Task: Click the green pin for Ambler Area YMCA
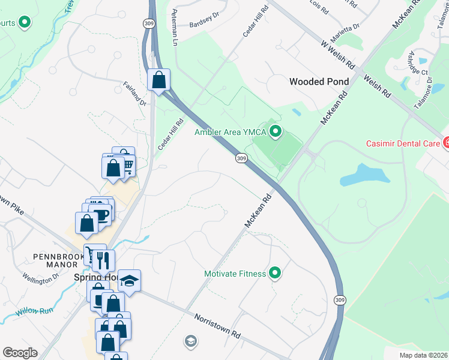276,131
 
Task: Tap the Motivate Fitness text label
235,274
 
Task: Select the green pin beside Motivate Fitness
276,274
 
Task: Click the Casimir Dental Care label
403,143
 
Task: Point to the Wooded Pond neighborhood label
315,82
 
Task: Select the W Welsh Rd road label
339,54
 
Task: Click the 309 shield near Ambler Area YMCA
241,158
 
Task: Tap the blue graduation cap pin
129,281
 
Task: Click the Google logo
20,353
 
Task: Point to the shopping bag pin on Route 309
159,80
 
